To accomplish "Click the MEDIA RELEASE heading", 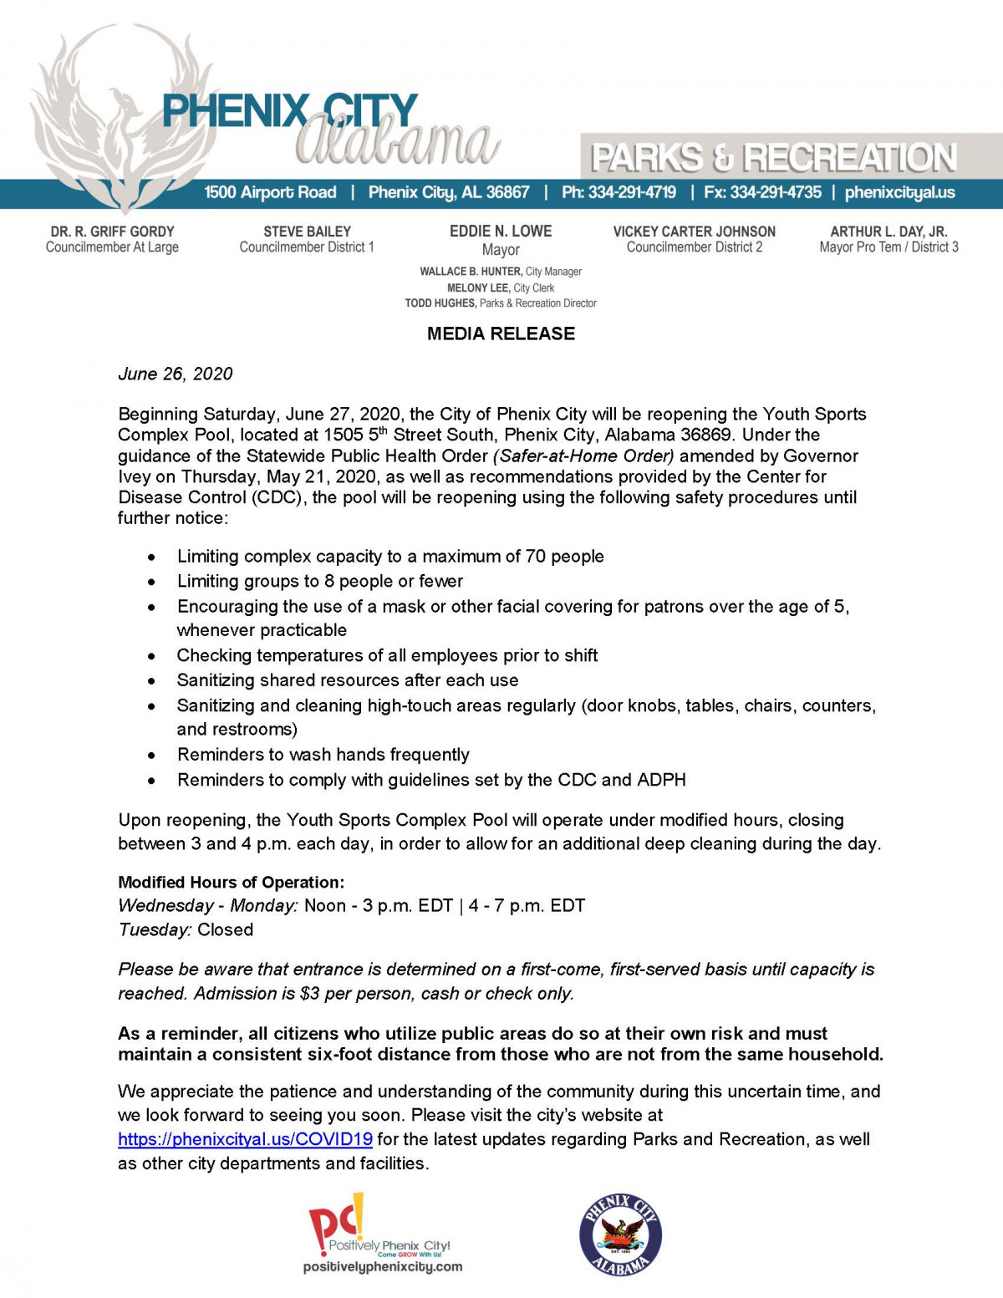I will coord(501,333).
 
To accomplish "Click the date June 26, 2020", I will coord(176,374).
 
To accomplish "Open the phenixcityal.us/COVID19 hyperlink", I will coord(245,1139).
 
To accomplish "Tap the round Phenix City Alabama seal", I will coord(620,1234).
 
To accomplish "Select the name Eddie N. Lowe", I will coord(501,231).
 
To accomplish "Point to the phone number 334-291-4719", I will coord(632,192).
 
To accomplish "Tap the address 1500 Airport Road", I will coord(270,192).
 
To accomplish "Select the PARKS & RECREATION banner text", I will coord(773,157).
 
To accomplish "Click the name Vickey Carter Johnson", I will coord(694,232).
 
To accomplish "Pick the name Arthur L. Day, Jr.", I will coord(888,232).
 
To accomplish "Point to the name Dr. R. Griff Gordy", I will coord(112,232).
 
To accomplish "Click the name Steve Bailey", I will coord(307,232).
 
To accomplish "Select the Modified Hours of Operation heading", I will coord(231,883).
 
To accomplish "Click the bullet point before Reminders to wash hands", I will coord(151,756).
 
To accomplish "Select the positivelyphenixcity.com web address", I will coord(382,1267).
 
